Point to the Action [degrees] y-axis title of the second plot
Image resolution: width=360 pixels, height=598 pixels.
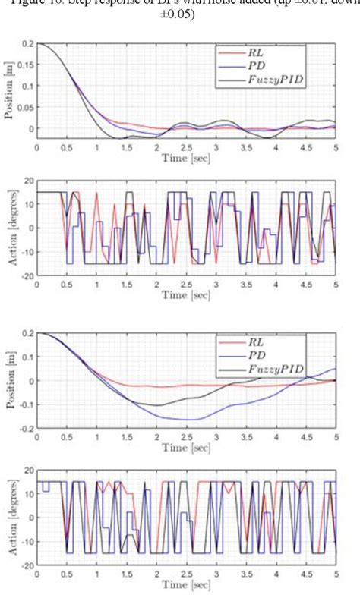8,228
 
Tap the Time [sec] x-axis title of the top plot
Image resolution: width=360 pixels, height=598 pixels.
185,159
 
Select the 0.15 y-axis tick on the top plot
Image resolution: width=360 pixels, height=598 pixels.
24,65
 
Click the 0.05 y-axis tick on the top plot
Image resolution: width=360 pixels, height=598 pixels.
24,107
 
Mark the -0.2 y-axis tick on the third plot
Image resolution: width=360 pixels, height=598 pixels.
24,429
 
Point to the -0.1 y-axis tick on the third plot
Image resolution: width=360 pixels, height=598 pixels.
24,404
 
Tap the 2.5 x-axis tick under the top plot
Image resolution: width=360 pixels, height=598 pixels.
187,148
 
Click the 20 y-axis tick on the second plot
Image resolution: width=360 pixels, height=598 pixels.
28,181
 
